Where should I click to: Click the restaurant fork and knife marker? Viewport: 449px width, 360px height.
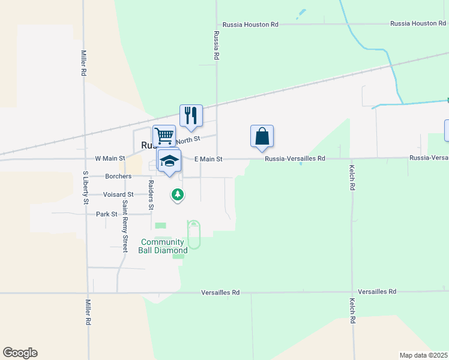tap(191, 115)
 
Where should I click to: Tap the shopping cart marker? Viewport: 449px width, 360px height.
tap(164, 136)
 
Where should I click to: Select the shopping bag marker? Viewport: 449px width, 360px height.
tap(262, 136)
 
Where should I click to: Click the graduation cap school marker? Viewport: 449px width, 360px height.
tap(170, 161)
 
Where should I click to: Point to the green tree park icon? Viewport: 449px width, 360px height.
tap(177, 194)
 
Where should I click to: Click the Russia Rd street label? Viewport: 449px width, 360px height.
tap(216, 46)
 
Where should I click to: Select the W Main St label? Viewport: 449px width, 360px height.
tap(110, 158)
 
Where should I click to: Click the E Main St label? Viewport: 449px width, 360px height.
tap(208, 159)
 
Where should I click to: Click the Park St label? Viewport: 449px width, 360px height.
tap(106, 214)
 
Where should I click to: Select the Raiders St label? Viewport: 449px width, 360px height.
tap(151, 195)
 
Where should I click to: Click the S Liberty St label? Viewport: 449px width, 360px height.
tap(85, 187)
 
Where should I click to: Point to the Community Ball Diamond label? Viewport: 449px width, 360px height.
tap(164, 246)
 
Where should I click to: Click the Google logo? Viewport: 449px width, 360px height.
tap(20, 353)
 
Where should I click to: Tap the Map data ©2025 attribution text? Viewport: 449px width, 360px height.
tap(423, 355)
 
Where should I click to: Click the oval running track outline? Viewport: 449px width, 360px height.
tap(194, 235)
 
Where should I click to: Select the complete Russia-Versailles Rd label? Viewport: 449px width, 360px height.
tap(295, 159)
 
